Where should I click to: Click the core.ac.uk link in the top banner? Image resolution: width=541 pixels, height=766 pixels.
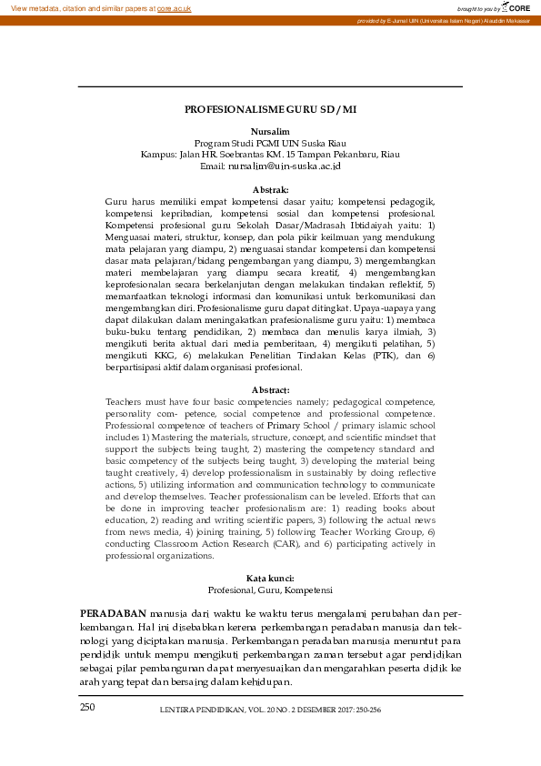(x=174, y=7)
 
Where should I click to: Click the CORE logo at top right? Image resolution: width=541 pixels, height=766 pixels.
(x=516, y=7)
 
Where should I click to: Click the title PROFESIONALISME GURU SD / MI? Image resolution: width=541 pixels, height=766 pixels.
(x=270, y=109)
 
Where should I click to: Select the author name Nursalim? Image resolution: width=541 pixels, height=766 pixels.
(x=269, y=132)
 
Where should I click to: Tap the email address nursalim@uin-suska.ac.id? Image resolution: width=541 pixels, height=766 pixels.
(x=283, y=166)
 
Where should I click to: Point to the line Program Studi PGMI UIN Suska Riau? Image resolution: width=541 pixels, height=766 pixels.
(x=270, y=143)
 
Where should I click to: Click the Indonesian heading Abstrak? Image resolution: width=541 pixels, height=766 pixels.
(x=269, y=189)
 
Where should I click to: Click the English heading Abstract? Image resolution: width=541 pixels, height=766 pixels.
(x=270, y=389)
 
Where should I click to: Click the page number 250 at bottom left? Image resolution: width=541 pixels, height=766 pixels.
(x=86, y=707)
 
